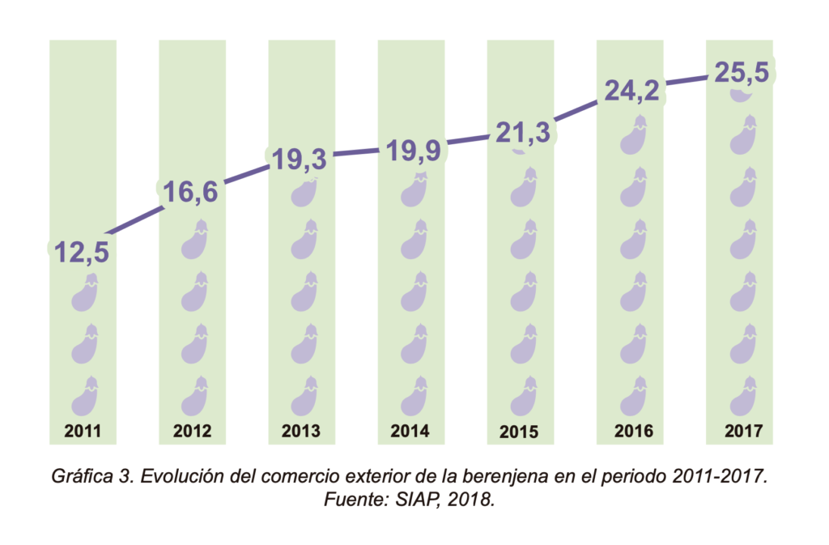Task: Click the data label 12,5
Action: [x=82, y=253]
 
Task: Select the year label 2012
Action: [x=192, y=431]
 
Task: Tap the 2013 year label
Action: [x=301, y=431]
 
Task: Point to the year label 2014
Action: [x=411, y=431]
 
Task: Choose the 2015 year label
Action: [x=520, y=432]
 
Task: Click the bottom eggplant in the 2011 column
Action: [x=85, y=397]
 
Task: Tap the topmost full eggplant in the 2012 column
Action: [x=194, y=241]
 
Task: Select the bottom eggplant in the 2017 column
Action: [x=742, y=397]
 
